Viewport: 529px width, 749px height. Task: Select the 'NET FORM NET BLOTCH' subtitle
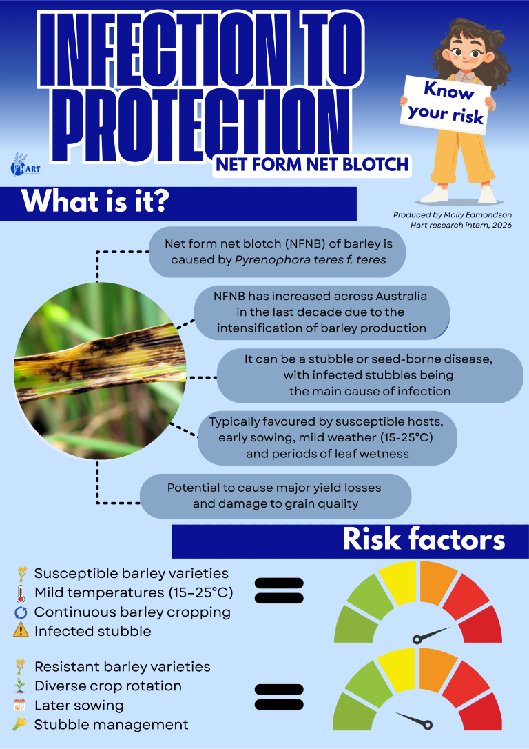[311, 164]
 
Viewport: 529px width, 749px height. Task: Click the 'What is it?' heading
[96, 203]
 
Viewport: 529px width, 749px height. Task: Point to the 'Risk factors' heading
[424, 540]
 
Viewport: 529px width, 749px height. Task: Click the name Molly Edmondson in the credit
[476, 215]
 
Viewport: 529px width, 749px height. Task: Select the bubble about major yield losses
[275, 496]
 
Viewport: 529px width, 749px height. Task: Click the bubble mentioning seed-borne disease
[369, 375]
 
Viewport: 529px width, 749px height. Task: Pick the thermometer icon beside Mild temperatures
[21, 592]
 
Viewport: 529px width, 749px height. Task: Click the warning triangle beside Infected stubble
[21, 630]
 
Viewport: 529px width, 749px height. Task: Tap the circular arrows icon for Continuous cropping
[21, 612]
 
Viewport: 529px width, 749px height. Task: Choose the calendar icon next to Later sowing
[21, 705]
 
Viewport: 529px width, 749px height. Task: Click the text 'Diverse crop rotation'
[107, 686]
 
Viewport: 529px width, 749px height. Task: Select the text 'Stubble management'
[111, 724]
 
